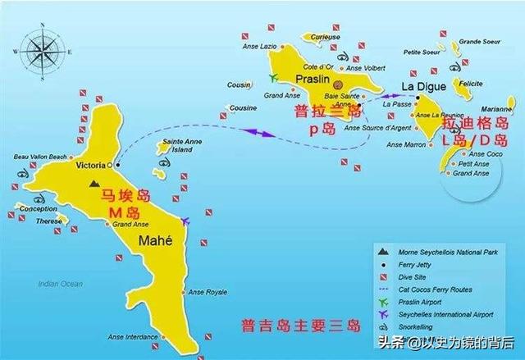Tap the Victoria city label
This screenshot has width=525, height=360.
(x=90, y=165)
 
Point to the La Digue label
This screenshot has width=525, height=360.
(x=420, y=86)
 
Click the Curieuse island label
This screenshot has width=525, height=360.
(x=326, y=36)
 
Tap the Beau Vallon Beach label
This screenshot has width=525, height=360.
(x=40, y=157)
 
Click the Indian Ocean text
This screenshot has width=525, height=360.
(x=60, y=284)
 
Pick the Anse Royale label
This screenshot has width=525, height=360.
(x=208, y=292)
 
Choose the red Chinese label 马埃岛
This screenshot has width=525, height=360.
(x=120, y=197)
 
